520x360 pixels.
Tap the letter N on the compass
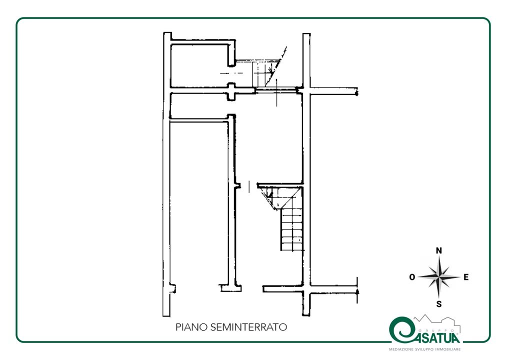click(439, 250)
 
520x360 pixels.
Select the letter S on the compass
click(439, 304)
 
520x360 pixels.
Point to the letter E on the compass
click(466, 277)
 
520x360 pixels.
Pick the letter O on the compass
click(412, 277)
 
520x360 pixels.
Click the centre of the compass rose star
click(439, 277)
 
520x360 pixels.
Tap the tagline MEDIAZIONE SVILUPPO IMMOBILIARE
click(425, 349)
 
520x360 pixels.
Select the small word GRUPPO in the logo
click(438, 330)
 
